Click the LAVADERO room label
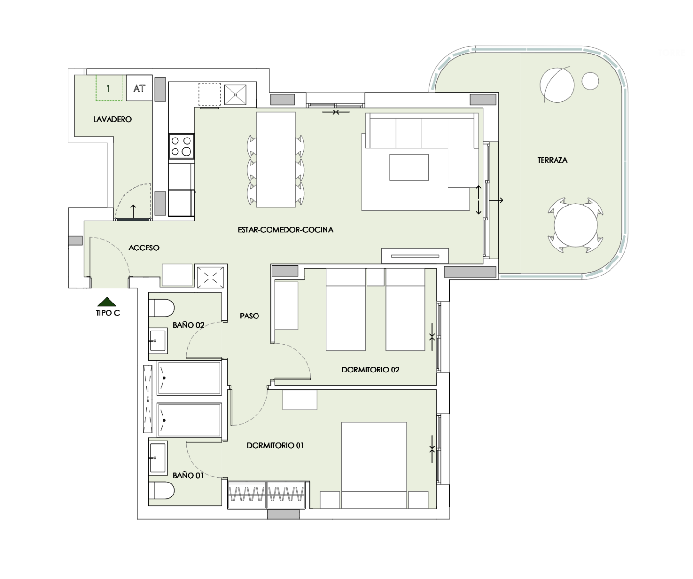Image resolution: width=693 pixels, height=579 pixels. pyautogui.click(x=112, y=119)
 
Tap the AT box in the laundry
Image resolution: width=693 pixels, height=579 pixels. pyautogui.click(x=139, y=88)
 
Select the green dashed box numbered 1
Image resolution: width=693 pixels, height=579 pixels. pyautogui.click(x=109, y=88)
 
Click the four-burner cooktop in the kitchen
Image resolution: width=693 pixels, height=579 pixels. pyautogui.click(x=181, y=146)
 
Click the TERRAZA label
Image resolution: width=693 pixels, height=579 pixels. pyautogui.click(x=552, y=160)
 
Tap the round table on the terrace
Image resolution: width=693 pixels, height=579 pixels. pyautogui.click(x=575, y=225)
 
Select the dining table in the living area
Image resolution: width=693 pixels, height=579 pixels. pyautogui.click(x=276, y=160)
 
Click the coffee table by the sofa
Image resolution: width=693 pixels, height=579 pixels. pyautogui.click(x=409, y=167)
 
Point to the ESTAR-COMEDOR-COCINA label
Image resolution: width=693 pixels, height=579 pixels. pyautogui.click(x=285, y=230)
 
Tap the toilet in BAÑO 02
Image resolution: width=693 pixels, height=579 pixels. pyautogui.click(x=161, y=308)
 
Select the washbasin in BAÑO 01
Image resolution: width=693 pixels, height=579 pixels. pyautogui.click(x=158, y=458)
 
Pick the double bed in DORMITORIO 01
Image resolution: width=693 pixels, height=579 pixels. pyautogui.click(x=374, y=465)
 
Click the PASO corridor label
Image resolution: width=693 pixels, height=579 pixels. pyautogui.click(x=249, y=316)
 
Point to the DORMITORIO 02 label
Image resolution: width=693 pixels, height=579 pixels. pyautogui.click(x=370, y=370)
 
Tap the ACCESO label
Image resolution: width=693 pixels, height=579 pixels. pyautogui.click(x=144, y=248)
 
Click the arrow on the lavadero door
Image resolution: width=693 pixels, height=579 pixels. pyautogui.click(x=133, y=211)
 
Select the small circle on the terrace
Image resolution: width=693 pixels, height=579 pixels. pyautogui.click(x=590, y=81)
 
